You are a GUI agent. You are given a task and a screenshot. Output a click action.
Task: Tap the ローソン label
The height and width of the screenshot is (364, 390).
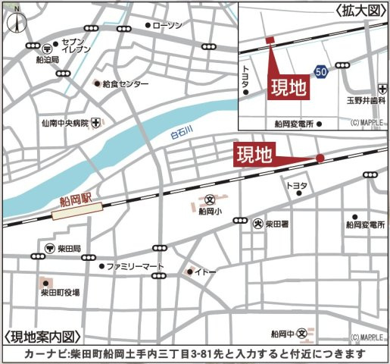[167, 25]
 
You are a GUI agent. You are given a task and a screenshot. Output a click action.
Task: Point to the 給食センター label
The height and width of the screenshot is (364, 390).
[125, 83]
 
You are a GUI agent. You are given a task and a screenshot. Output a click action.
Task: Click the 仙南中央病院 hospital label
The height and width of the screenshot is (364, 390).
[65, 122]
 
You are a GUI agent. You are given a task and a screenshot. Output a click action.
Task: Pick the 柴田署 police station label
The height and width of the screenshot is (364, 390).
[276, 224]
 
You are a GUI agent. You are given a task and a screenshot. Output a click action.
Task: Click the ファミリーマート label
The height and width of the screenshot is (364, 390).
[135, 267]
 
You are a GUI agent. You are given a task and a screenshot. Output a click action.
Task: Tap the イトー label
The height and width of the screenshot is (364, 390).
[207, 271]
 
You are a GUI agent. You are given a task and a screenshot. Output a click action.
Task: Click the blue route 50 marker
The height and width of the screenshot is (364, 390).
[323, 71]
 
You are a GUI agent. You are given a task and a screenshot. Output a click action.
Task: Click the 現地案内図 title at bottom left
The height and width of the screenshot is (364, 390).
[42, 337]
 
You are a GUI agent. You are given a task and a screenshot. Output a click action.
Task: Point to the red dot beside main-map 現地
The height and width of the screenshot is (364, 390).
[320, 158]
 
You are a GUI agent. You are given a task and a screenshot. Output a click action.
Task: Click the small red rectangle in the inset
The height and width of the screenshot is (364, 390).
[269, 40]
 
